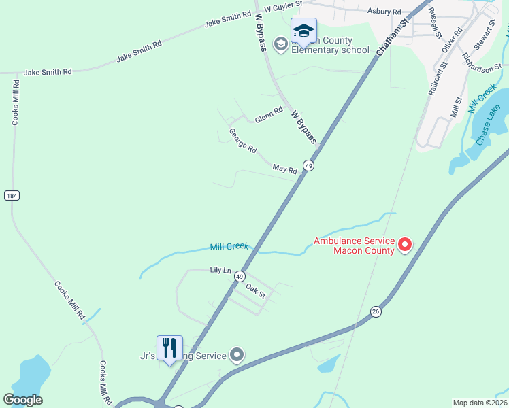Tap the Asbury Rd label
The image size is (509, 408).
tap(384, 12)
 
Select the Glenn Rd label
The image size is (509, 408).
tap(269, 116)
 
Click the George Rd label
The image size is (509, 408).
tap(243, 141)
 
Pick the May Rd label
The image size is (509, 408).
tap(285, 169)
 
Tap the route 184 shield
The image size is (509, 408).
tap(12, 195)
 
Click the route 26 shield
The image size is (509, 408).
tap(376, 311)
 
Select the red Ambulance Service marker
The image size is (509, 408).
tap(405, 243)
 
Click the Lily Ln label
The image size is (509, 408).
tap(220, 270)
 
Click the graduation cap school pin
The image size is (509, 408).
tap(303, 31)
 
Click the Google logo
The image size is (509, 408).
tap(22, 400)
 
